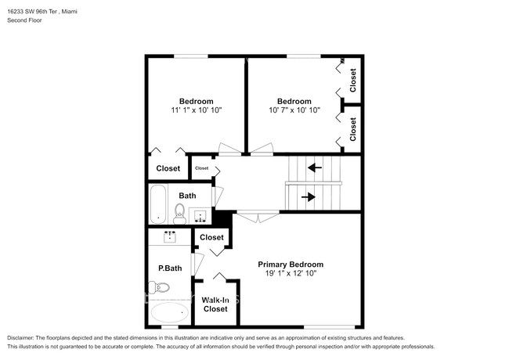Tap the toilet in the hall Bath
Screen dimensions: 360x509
179,212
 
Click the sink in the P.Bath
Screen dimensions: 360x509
170,236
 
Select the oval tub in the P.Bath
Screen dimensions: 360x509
168,315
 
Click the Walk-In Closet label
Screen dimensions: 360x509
215,304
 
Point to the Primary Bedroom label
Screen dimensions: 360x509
291,265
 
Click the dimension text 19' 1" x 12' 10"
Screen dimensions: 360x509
291,275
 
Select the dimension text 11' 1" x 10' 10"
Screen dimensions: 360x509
196,111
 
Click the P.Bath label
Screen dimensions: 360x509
170,268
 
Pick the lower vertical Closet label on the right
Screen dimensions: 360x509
353,128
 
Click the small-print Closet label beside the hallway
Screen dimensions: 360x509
202,168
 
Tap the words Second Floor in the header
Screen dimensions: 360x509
24,20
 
